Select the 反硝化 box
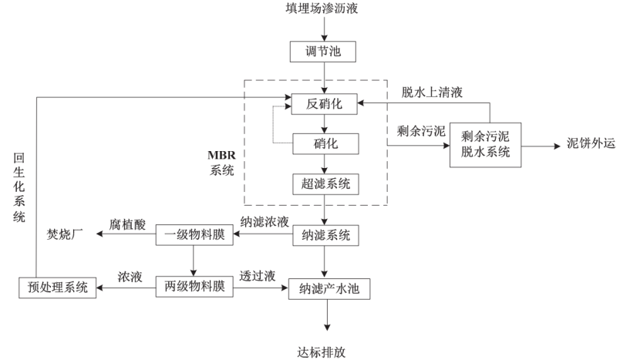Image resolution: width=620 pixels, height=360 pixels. coord(324,103)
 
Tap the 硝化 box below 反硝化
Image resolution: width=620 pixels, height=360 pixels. coord(324,143)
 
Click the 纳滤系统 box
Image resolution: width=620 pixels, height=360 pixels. coord(324,234)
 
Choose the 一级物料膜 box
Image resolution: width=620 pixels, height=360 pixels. coord(194,234)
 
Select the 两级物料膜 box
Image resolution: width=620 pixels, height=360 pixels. coord(194,287)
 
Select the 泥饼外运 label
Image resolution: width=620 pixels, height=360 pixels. coord(591,144)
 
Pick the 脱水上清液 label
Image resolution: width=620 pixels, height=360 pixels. coord(432,93)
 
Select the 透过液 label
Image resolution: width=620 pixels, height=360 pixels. coord(257,277)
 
